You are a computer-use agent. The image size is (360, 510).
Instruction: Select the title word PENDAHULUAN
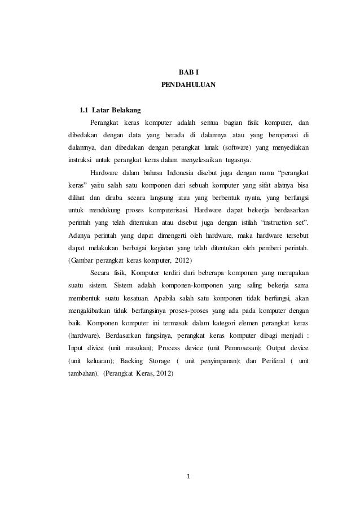pyautogui.click(x=188, y=86)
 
